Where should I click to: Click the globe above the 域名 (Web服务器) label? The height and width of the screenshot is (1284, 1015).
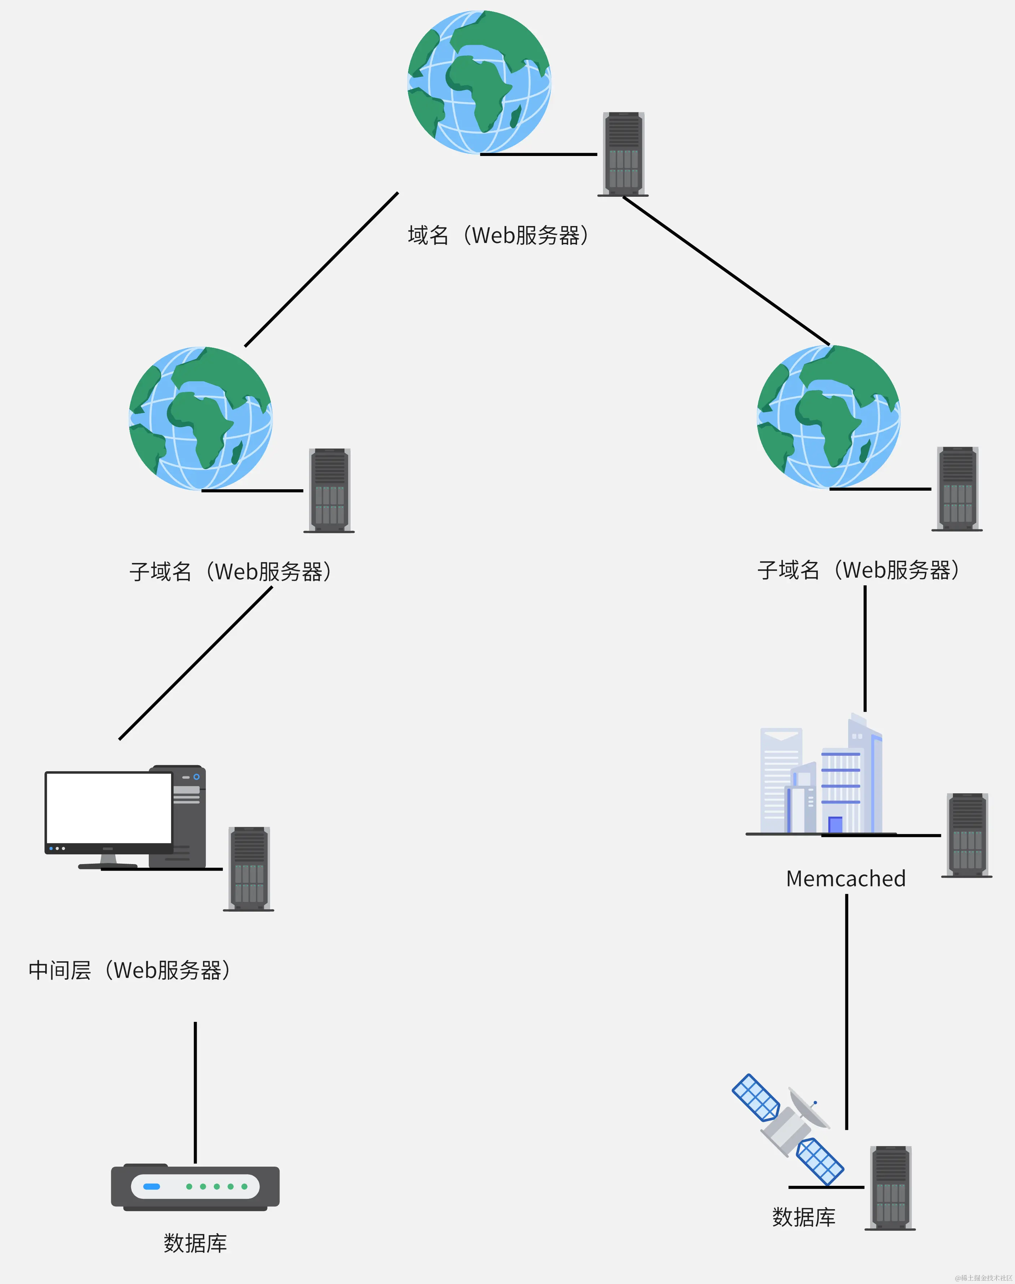[479, 82]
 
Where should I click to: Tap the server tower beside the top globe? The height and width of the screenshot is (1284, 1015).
[623, 154]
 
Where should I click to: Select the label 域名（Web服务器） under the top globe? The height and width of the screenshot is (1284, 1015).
[498, 235]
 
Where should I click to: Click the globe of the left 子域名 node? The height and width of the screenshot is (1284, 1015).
[200, 418]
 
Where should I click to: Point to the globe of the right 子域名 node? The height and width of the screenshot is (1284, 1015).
[828, 417]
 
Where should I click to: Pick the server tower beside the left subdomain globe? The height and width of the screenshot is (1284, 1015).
[329, 490]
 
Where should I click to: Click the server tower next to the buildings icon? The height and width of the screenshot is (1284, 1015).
[967, 835]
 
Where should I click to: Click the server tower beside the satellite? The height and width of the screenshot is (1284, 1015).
[890, 1188]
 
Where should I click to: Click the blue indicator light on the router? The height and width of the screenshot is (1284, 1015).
[152, 1187]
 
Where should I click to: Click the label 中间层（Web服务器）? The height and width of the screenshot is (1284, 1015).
[130, 970]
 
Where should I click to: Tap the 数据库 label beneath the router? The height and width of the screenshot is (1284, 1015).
[195, 1243]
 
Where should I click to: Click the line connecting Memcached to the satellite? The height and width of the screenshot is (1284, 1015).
[846, 1010]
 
